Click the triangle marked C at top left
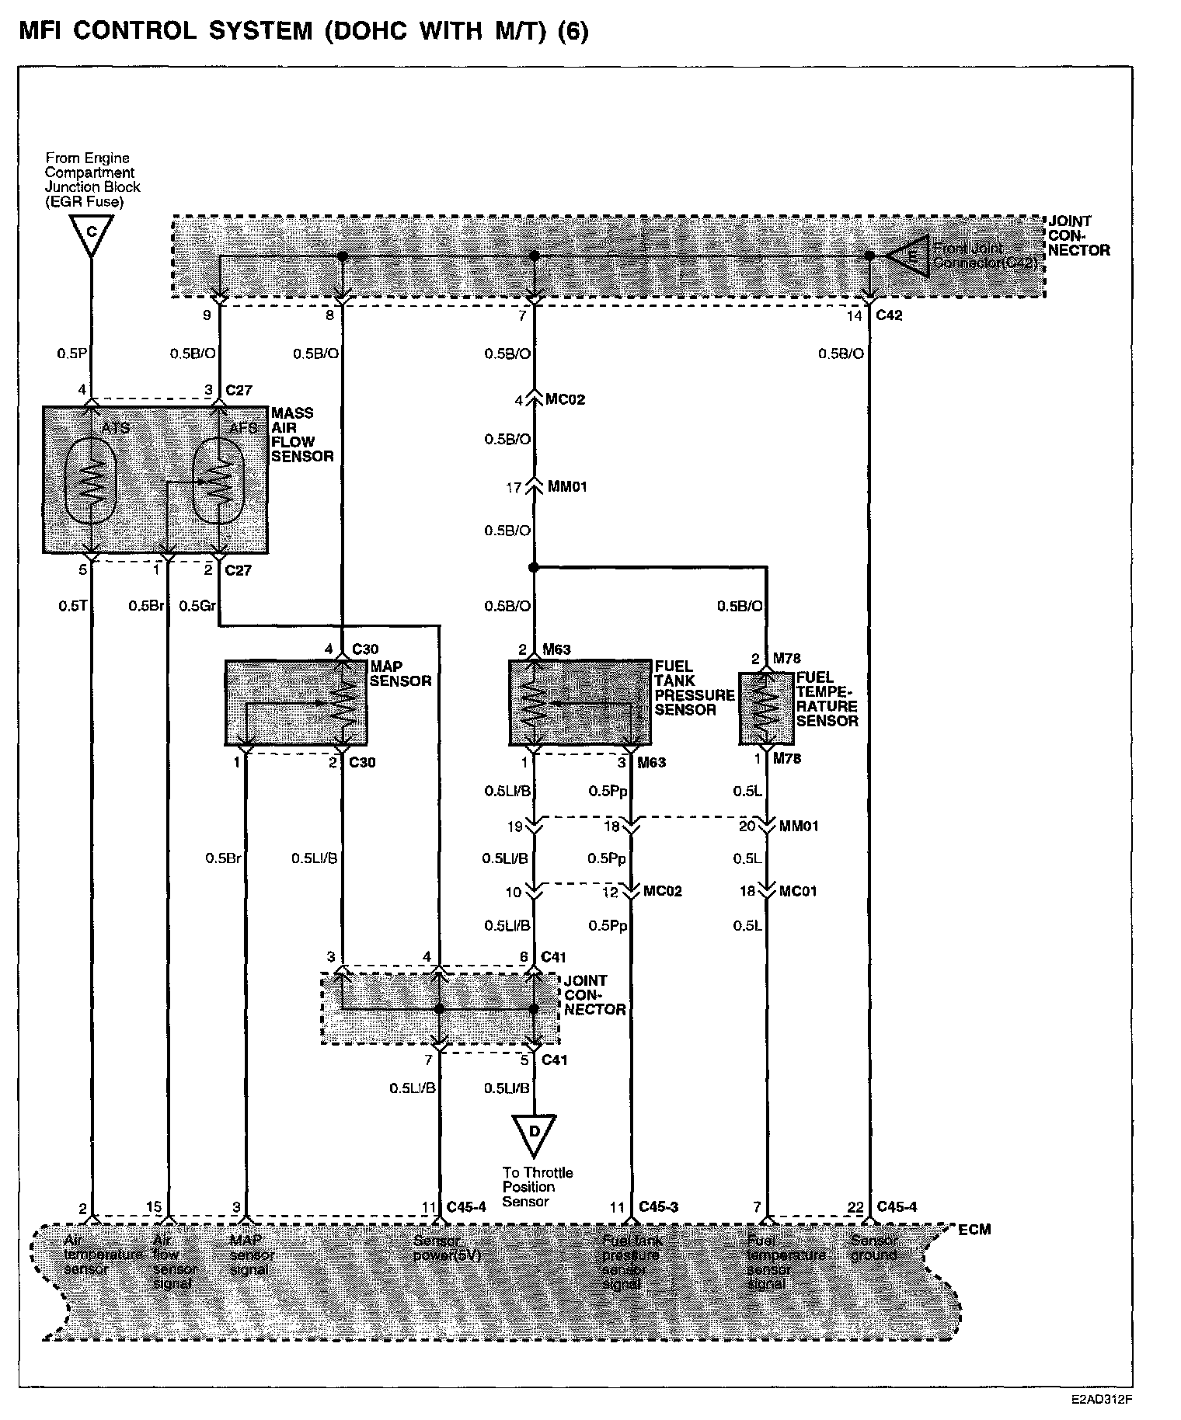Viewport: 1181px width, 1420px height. pos(91,234)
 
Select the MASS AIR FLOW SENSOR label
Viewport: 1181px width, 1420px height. pos(302,434)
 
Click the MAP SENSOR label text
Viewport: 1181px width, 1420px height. pos(400,673)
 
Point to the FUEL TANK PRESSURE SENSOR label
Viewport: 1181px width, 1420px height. pos(693,687)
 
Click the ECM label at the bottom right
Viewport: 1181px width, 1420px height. pos(974,1230)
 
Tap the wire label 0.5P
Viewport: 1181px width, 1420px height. pos(71,353)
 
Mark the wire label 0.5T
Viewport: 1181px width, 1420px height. pos(72,606)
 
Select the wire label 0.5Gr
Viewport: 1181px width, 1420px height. pos(197,606)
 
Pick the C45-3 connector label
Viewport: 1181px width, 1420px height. pos(659,1206)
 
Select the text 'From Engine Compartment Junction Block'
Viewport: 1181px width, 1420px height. pos(92,179)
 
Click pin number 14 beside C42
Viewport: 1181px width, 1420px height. pos(854,316)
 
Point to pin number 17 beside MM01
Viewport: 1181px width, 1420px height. pos(514,487)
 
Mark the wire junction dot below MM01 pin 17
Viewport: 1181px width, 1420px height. pos(534,567)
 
